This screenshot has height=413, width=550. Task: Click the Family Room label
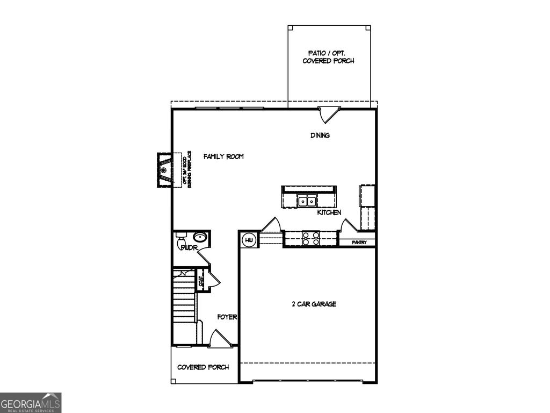[x=223, y=156]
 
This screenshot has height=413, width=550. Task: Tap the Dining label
[x=320, y=136]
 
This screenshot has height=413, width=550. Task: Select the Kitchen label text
[x=329, y=213]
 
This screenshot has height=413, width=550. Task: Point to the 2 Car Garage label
[x=314, y=304]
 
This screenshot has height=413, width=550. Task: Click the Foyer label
[x=227, y=317]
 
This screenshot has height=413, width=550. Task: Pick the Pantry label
[x=359, y=243]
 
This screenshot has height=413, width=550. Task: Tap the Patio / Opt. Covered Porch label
[x=328, y=57]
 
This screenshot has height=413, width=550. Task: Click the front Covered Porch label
[x=203, y=367]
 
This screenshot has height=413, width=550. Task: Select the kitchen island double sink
[x=307, y=201]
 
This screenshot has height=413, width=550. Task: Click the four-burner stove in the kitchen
[x=310, y=238]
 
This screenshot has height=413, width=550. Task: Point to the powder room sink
[x=200, y=237]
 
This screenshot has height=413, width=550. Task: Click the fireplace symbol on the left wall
[x=164, y=170]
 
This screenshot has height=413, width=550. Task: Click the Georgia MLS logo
[x=31, y=402]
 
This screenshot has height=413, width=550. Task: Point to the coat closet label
[x=201, y=281]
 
